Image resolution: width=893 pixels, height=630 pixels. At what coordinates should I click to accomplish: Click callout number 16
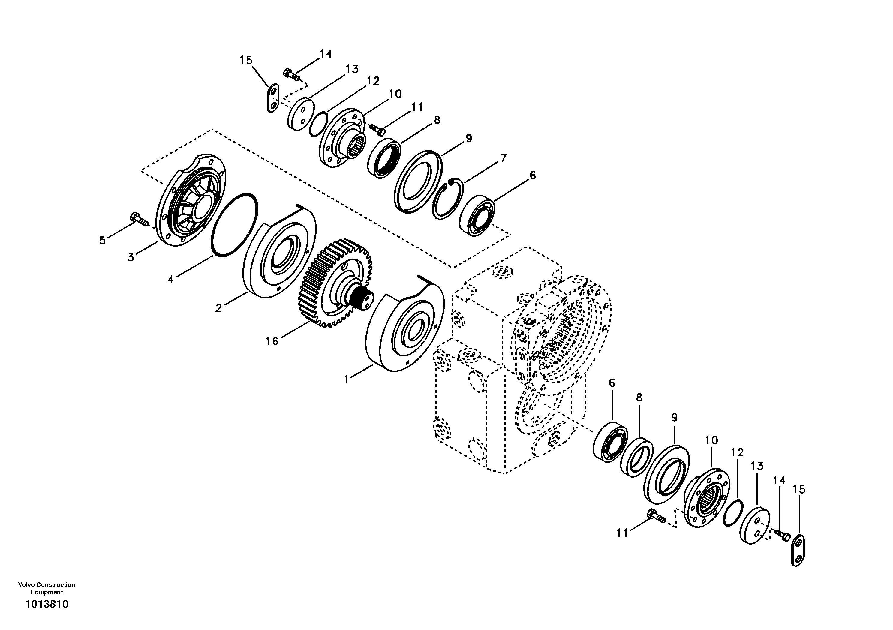pyautogui.click(x=272, y=341)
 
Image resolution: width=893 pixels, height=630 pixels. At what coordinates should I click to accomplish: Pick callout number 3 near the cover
pyautogui.click(x=131, y=257)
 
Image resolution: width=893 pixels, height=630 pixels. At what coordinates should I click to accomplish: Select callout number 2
pyautogui.click(x=218, y=308)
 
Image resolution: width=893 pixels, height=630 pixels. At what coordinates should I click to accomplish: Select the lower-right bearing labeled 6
pyautogui.click(x=610, y=441)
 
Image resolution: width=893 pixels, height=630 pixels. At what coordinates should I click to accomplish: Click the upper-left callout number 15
pyautogui.click(x=246, y=61)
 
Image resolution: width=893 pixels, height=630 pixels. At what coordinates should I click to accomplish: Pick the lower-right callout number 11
pyautogui.click(x=622, y=533)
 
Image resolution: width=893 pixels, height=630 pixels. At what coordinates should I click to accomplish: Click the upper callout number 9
pyautogui.click(x=469, y=138)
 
